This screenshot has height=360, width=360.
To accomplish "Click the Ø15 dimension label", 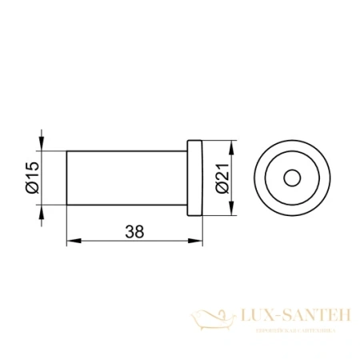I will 31,178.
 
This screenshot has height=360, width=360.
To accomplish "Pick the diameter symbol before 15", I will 31,189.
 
